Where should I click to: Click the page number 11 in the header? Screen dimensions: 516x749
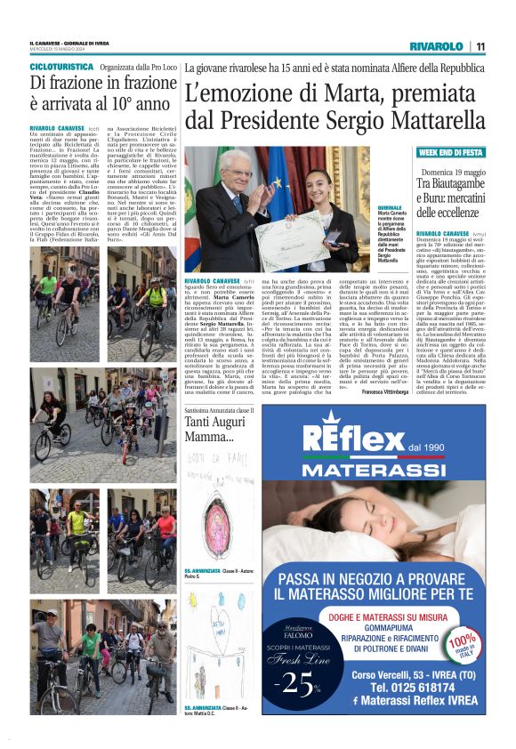(x=480, y=46)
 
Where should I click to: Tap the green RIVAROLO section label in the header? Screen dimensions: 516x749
(x=436, y=46)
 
